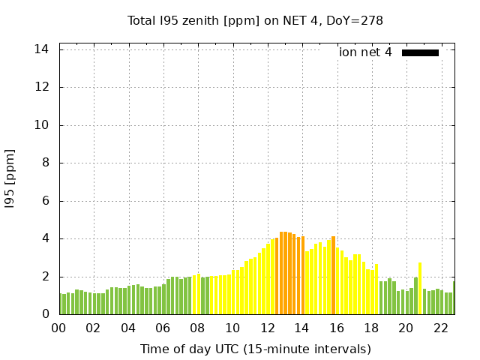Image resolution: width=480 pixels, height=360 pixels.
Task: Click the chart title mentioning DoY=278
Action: pos(255,20)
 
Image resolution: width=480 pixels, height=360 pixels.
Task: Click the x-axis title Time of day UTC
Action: pos(255,349)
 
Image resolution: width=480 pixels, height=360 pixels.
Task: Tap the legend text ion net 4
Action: pos(365,52)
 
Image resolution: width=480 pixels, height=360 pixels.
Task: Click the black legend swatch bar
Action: pos(420,52)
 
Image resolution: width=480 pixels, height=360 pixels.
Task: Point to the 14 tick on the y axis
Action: pos(42,49)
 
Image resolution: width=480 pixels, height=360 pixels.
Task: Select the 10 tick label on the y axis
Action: pos(42,125)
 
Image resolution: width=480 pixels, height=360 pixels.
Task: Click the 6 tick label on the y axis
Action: pos(45,201)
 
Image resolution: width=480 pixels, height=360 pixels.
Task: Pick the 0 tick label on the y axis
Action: pos(45,315)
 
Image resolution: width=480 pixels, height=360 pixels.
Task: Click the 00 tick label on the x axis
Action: pos(59,328)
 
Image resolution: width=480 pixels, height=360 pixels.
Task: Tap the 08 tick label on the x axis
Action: pos(198,328)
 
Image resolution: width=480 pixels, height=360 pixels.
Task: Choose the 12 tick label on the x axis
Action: pos(268,328)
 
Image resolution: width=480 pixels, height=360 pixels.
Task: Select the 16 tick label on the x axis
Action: pos(337,328)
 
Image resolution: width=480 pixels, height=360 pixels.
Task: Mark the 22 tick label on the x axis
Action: pos(441,328)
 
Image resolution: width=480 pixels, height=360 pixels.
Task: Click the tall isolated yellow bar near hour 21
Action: pos(420,289)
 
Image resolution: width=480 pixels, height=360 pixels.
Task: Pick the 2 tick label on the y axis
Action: pos(45,277)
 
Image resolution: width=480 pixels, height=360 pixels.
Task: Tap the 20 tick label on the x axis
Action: pos(406,328)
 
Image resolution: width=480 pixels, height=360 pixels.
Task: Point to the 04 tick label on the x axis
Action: pos(129,328)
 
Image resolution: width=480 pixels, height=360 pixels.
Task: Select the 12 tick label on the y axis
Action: pos(42,87)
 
